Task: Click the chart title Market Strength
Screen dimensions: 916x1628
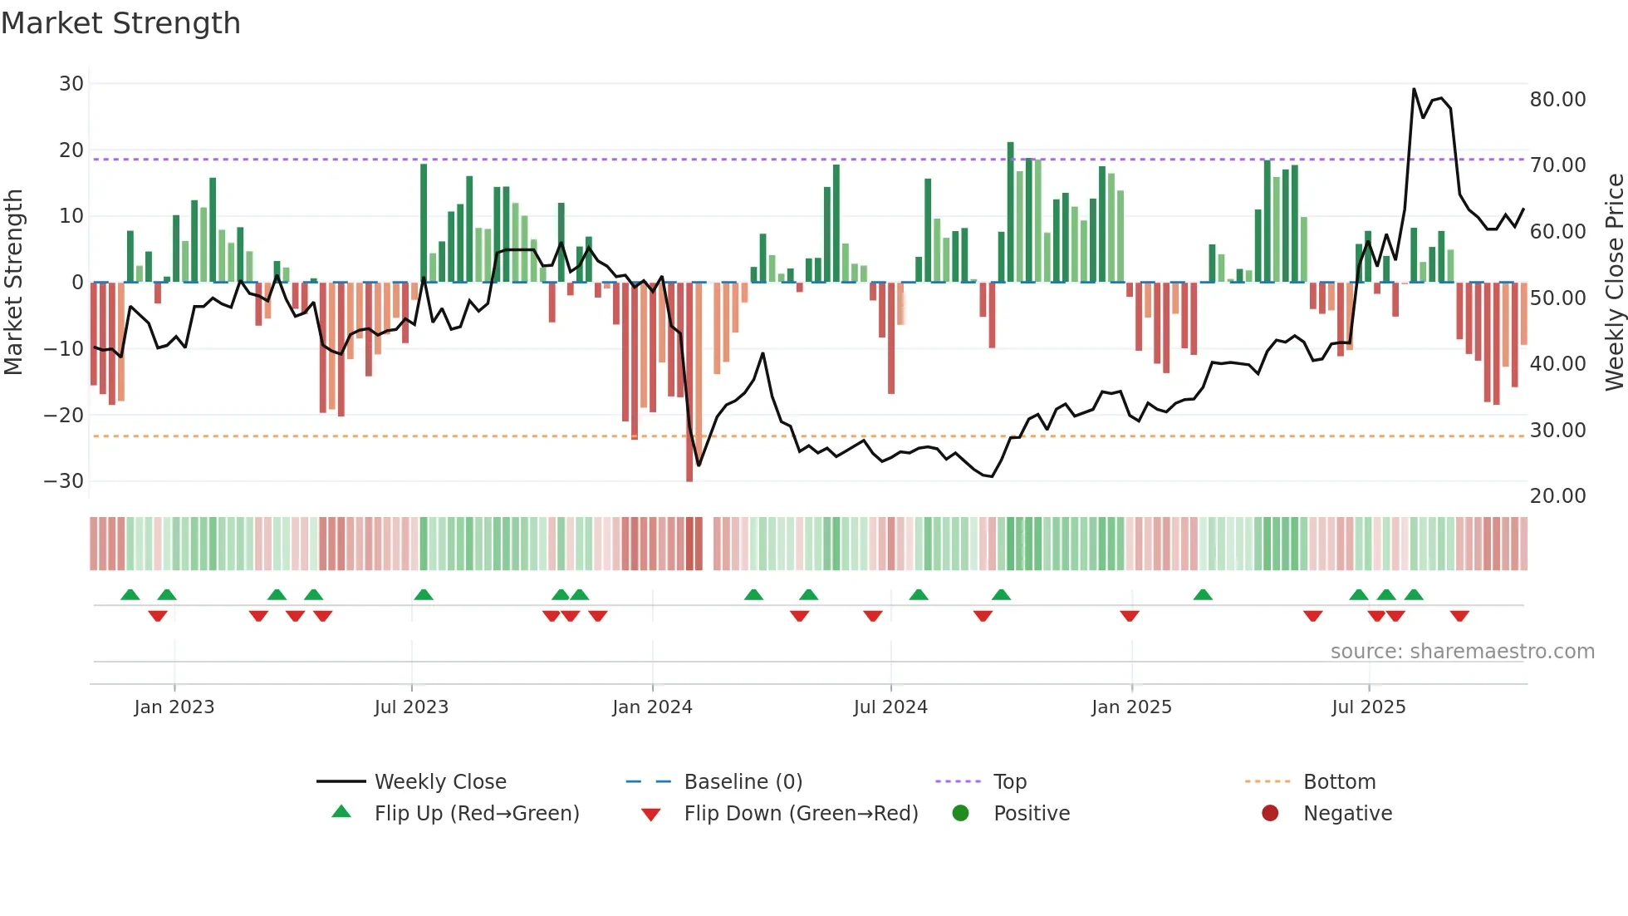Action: tap(121, 23)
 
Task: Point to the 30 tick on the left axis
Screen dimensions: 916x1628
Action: tap(71, 84)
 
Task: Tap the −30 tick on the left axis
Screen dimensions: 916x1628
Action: tap(64, 481)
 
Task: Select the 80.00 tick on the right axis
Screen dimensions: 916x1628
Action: tap(1557, 100)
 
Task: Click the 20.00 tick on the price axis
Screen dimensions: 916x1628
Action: tap(1557, 496)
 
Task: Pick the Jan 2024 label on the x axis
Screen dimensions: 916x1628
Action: tap(652, 707)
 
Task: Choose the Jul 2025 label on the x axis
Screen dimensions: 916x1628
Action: tap(1368, 707)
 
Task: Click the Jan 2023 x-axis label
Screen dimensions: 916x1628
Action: tap(174, 707)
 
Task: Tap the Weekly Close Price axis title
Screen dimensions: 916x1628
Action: tap(1614, 283)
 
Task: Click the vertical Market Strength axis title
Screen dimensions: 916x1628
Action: tap(14, 283)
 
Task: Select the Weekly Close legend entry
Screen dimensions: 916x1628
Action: tap(440, 782)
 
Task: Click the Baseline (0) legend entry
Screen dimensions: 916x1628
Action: tap(743, 782)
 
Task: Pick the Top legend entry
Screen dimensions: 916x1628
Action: tap(1010, 782)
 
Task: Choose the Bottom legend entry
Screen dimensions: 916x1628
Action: tap(1339, 782)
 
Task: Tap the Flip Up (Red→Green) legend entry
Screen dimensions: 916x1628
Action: tap(477, 814)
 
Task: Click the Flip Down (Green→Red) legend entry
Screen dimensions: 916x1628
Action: tap(801, 814)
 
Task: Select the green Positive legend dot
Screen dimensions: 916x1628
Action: tap(961, 814)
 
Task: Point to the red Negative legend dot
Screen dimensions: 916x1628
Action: tap(1270, 814)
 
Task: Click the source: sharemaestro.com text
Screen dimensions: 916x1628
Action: tap(1462, 652)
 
